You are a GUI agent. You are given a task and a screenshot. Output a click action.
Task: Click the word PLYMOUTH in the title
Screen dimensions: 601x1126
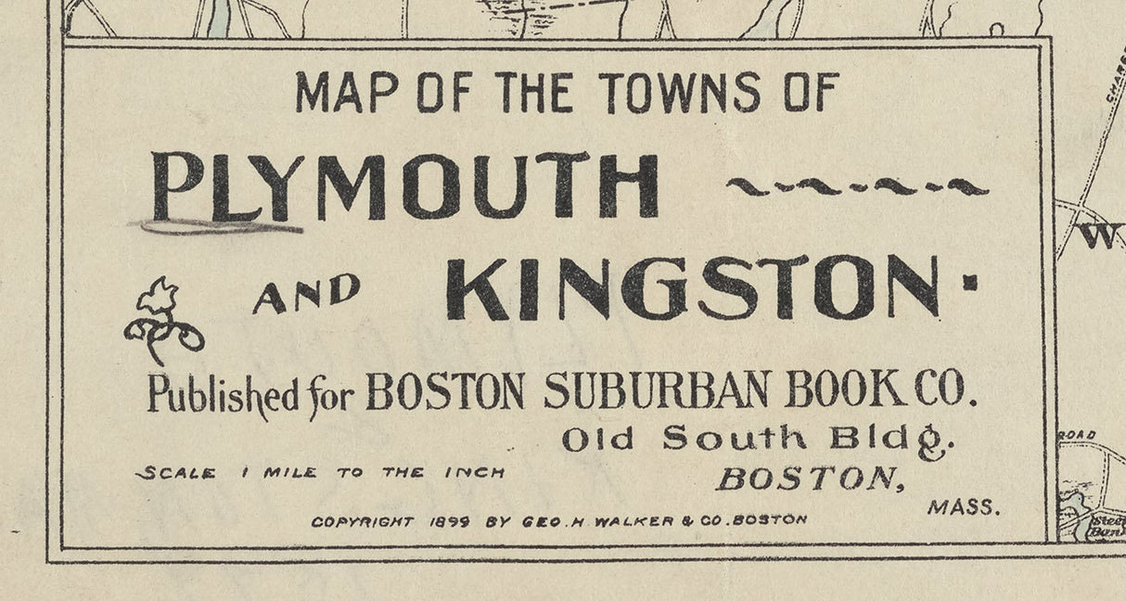(405, 186)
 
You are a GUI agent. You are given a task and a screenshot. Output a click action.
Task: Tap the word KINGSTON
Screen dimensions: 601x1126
(692, 288)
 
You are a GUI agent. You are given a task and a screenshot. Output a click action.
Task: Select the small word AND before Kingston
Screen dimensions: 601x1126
(306, 295)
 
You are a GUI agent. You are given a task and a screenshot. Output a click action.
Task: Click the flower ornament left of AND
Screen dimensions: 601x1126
(163, 321)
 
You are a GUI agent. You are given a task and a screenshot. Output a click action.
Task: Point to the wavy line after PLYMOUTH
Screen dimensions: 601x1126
(857, 187)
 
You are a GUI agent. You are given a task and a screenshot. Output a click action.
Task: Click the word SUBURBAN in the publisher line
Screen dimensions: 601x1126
(657, 391)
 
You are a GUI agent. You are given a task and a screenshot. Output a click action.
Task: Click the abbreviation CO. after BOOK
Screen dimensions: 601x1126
(946, 390)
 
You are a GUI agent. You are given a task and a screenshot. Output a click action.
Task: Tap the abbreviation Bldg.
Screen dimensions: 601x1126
(890, 440)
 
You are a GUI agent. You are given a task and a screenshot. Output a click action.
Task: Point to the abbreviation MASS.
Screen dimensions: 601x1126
(964, 507)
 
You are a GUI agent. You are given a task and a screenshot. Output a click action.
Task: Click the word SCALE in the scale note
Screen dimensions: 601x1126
(176, 473)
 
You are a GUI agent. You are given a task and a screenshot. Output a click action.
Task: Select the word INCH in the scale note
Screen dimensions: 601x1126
(474, 472)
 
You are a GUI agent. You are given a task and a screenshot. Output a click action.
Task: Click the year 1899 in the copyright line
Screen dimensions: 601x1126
(450, 521)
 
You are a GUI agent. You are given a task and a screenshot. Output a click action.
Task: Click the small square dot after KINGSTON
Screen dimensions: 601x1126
(970, 287)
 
